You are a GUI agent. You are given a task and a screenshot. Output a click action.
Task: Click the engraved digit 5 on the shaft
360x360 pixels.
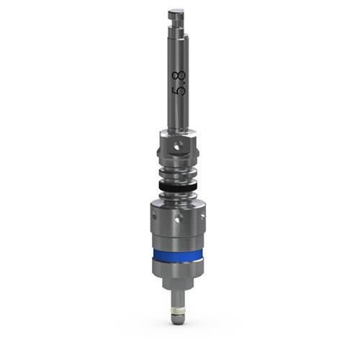180,91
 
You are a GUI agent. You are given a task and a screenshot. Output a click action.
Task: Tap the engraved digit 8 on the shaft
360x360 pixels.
180,76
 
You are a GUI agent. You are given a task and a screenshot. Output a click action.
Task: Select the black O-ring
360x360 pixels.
178,186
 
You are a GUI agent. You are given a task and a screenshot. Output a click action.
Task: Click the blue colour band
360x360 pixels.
178,255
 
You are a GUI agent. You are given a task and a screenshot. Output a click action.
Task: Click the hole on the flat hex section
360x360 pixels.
178,145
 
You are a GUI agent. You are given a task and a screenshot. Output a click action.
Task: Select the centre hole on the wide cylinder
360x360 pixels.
178,218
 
